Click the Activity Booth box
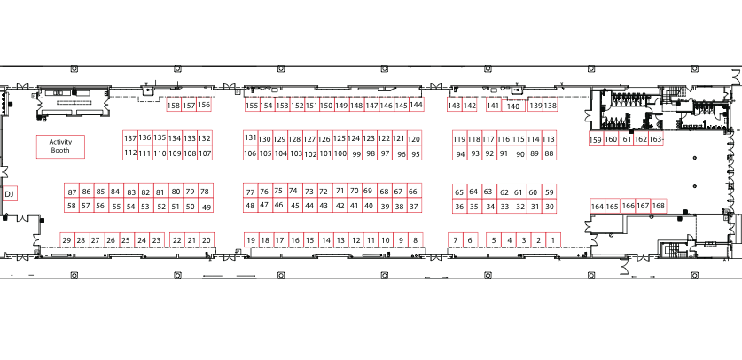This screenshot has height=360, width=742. coord(60,146)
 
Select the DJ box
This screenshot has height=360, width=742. coord(9,193)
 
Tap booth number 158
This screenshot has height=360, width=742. coord(174,105)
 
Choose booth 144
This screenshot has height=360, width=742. coord(416,105)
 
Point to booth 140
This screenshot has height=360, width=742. coord(513,106)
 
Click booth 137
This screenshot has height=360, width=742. coord(130,138)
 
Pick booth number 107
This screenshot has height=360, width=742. coord(205,153)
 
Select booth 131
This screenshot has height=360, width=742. coord(250,138)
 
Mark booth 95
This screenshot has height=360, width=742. coord(416,153)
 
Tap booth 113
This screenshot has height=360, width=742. coord(549,138)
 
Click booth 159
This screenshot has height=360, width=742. coord(596,139)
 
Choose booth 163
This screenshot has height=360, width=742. coord(655,139)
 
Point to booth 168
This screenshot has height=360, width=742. coord(659,206)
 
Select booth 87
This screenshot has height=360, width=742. coord(72,192)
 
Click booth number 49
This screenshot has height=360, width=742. coord(207,206)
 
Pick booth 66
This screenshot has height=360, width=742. coord(413,192)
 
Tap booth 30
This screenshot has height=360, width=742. coord(550,206)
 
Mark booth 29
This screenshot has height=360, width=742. coord(66,239)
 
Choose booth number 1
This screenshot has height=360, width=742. coord(552,239)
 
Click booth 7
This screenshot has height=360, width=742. coord(456,239)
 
